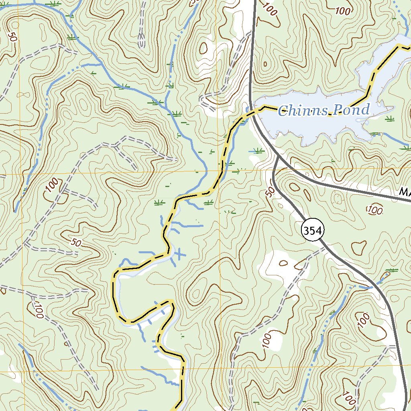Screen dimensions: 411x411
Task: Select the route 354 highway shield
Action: click(313, 230)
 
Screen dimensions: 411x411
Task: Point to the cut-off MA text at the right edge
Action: click(405, 193)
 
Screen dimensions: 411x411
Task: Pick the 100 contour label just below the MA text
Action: click(374, 209)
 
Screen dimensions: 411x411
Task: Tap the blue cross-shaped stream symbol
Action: click(179, 253)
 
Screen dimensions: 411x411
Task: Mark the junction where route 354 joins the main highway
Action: click(278, 156)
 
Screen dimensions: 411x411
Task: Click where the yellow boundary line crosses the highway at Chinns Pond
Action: click(252, 111)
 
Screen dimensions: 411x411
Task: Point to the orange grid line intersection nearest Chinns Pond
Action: click(220, 174)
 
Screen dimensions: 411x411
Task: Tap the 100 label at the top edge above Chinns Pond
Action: click(343, 11)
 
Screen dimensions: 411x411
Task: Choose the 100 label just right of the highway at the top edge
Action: click(271, 9)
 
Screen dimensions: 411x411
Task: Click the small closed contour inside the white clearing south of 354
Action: click(283, 263)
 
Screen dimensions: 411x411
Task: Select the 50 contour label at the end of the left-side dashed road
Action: click(75, 242)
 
